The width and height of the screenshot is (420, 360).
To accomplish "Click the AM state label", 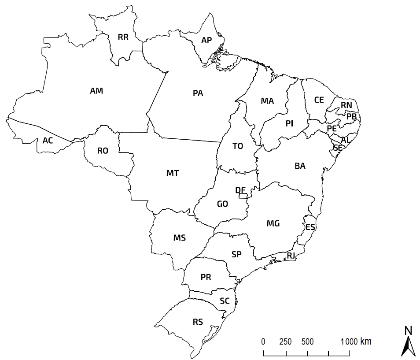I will (x=96, y=91).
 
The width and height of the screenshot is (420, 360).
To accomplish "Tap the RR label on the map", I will (x=123, y=37).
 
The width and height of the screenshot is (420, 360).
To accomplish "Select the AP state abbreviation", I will (x=206, y=40).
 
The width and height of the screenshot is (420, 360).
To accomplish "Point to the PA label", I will (x=198, y=93).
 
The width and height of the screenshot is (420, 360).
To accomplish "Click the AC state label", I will (x=48, y=141).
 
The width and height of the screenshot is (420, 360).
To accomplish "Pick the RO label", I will (x=103, y=151).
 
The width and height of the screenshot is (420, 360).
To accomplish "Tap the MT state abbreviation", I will (x=173, y=173).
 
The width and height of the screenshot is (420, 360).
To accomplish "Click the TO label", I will (x=238, y=146).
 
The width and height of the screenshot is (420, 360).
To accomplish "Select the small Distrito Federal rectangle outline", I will (x=243, y=196).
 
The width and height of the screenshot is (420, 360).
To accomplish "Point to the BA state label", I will (x=300, y=166).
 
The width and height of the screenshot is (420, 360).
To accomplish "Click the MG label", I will (x=273, y=223).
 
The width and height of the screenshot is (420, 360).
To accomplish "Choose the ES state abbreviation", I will (x=310, y=227).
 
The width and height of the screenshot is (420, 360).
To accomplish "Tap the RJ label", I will (x=291, y=256).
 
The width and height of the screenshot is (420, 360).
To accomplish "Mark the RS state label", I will (x=198, y=322).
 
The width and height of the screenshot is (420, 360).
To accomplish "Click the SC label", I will (x=225, y=301).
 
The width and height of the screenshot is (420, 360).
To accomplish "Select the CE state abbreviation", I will (x=319, y=100).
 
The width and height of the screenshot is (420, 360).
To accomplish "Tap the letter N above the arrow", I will (x=408, y=330).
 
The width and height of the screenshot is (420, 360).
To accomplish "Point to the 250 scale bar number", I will (x=285, y=341).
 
